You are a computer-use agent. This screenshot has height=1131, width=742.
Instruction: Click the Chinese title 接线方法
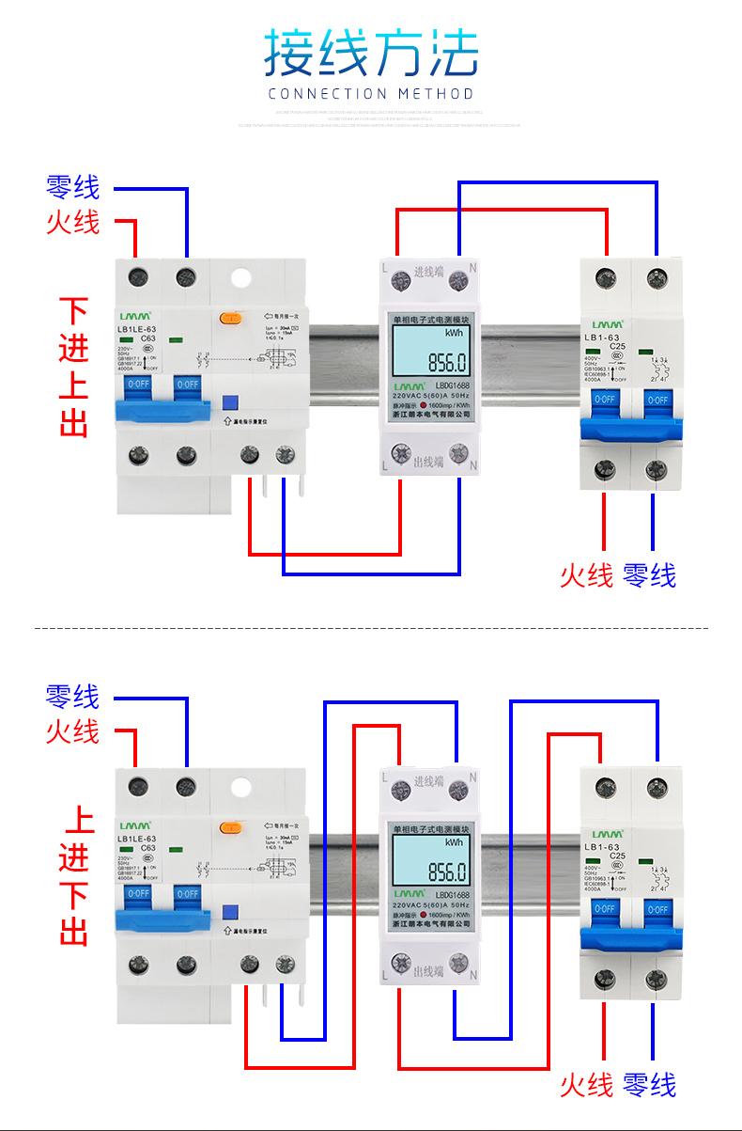pyautogui.click(x=370, y=53)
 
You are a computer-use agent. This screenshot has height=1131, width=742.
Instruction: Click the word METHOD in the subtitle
pyautogui.click(x=435, y=94)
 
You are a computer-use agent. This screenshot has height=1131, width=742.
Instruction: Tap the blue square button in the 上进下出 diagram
pyautogui.click(x=228, y=910)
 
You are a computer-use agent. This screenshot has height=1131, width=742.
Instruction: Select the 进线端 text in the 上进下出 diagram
pyautogui.click(x=429, y=781)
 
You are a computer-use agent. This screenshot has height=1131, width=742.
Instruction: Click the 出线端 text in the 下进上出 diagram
pyautogui.click(x=428, y=462)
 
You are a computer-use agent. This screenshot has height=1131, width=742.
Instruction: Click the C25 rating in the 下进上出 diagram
pyautogui.click(x=617, y=346)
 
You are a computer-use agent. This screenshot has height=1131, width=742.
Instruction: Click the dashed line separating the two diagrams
pyautogui.click(x=370, y=626)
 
